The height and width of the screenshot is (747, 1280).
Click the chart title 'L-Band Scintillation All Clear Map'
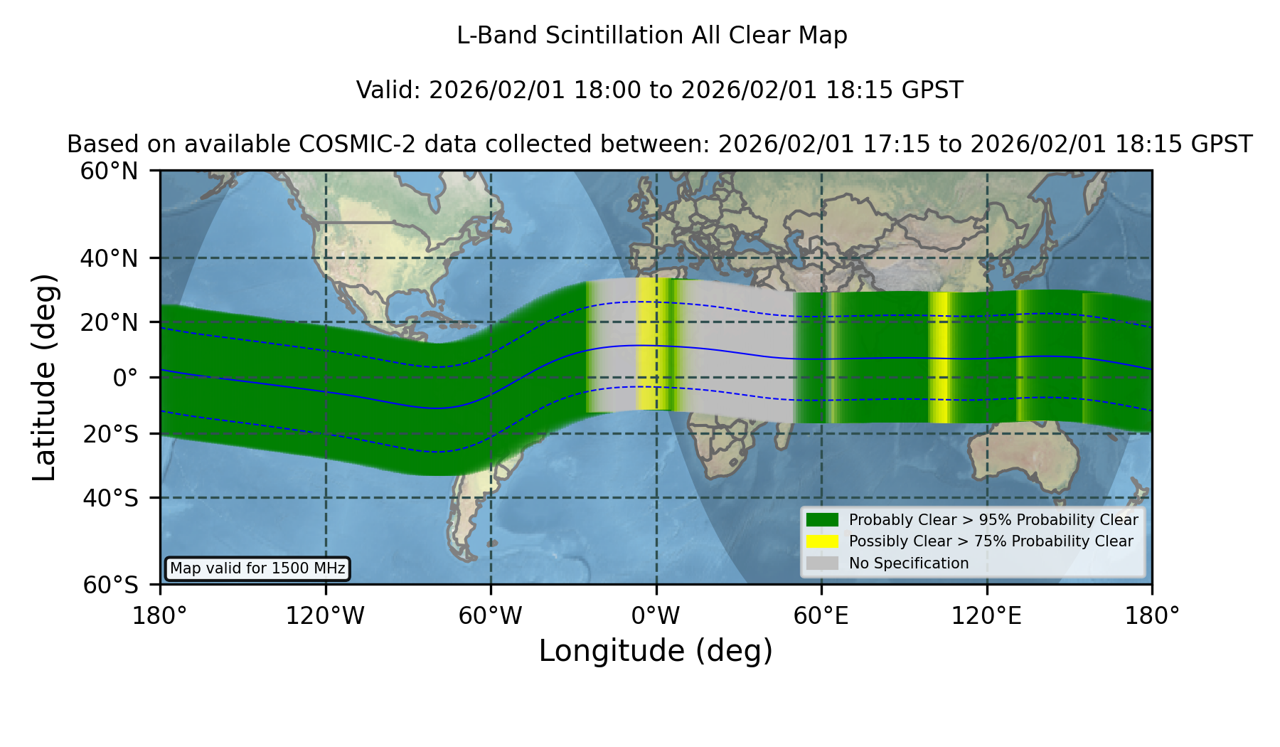click(651, 35)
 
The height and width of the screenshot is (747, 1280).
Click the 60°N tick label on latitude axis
click(109, 171)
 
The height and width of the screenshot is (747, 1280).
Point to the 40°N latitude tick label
click(109, 258)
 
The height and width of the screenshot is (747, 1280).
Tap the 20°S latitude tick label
click(110, 433)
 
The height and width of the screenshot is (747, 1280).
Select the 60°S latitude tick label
click(110, 585)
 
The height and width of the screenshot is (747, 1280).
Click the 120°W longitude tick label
click(325, 615)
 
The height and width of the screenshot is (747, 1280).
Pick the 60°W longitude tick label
click(491, 615)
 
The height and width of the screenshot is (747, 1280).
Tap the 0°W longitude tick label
click(656, 615)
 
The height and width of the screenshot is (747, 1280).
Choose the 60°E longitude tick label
click(821, 615)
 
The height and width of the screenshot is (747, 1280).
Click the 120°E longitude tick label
click(986, 615)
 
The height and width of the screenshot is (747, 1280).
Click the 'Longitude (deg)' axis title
click(656, 651)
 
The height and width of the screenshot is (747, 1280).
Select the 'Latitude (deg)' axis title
click(44, 377)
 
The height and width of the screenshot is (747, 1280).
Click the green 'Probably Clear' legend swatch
click(822, 520)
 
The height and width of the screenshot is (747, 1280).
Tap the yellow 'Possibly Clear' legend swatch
click(822, 541)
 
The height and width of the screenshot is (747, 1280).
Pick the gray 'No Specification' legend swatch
click(822, 563)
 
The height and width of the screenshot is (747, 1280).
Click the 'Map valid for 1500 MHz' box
click(257, 568)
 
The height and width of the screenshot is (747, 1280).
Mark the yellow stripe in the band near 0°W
click(647, 344)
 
